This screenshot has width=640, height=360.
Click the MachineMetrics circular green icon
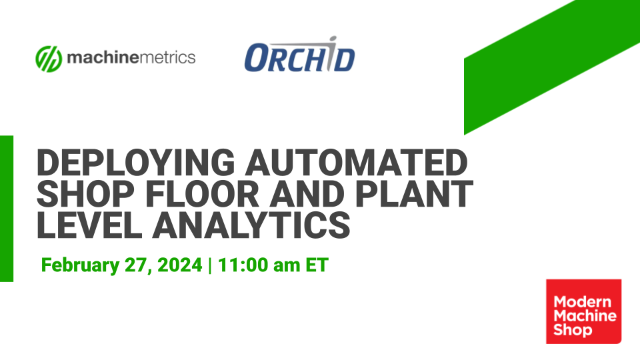point(49,58)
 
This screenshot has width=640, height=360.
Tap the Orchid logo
point(299,57)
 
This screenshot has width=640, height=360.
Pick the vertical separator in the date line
point(210,265)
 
